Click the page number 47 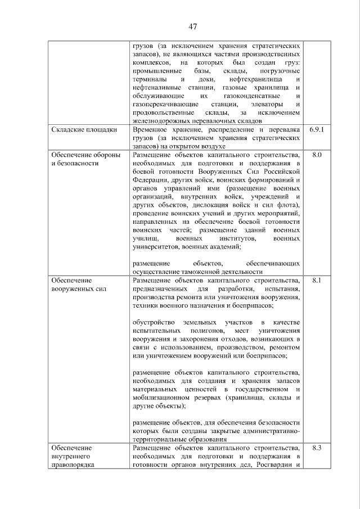click(192, 26)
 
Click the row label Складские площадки click(84, 130)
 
